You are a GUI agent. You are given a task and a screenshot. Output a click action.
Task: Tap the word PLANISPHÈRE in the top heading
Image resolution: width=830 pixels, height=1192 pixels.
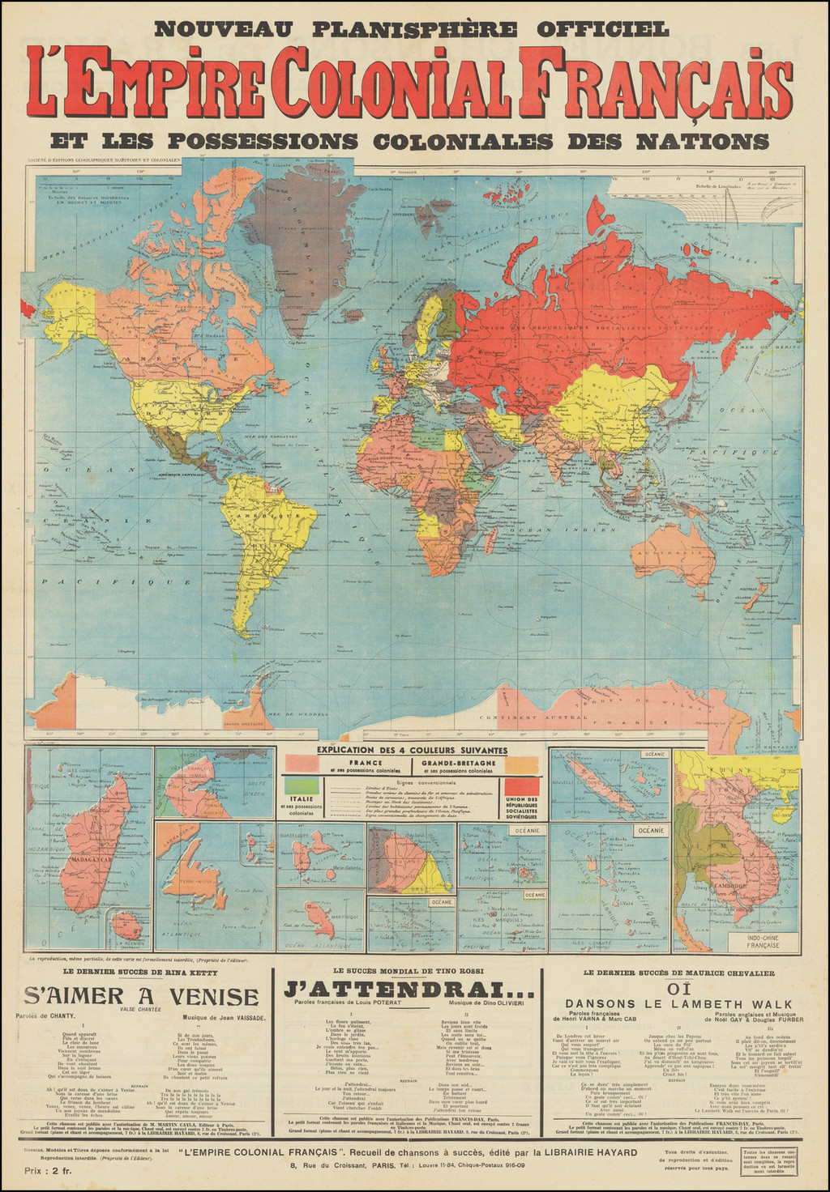412,29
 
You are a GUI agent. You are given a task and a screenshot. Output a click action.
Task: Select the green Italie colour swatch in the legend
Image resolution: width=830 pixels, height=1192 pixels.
302,785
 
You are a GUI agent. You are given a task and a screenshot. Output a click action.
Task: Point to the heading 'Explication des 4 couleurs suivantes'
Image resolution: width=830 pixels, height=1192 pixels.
413,751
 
